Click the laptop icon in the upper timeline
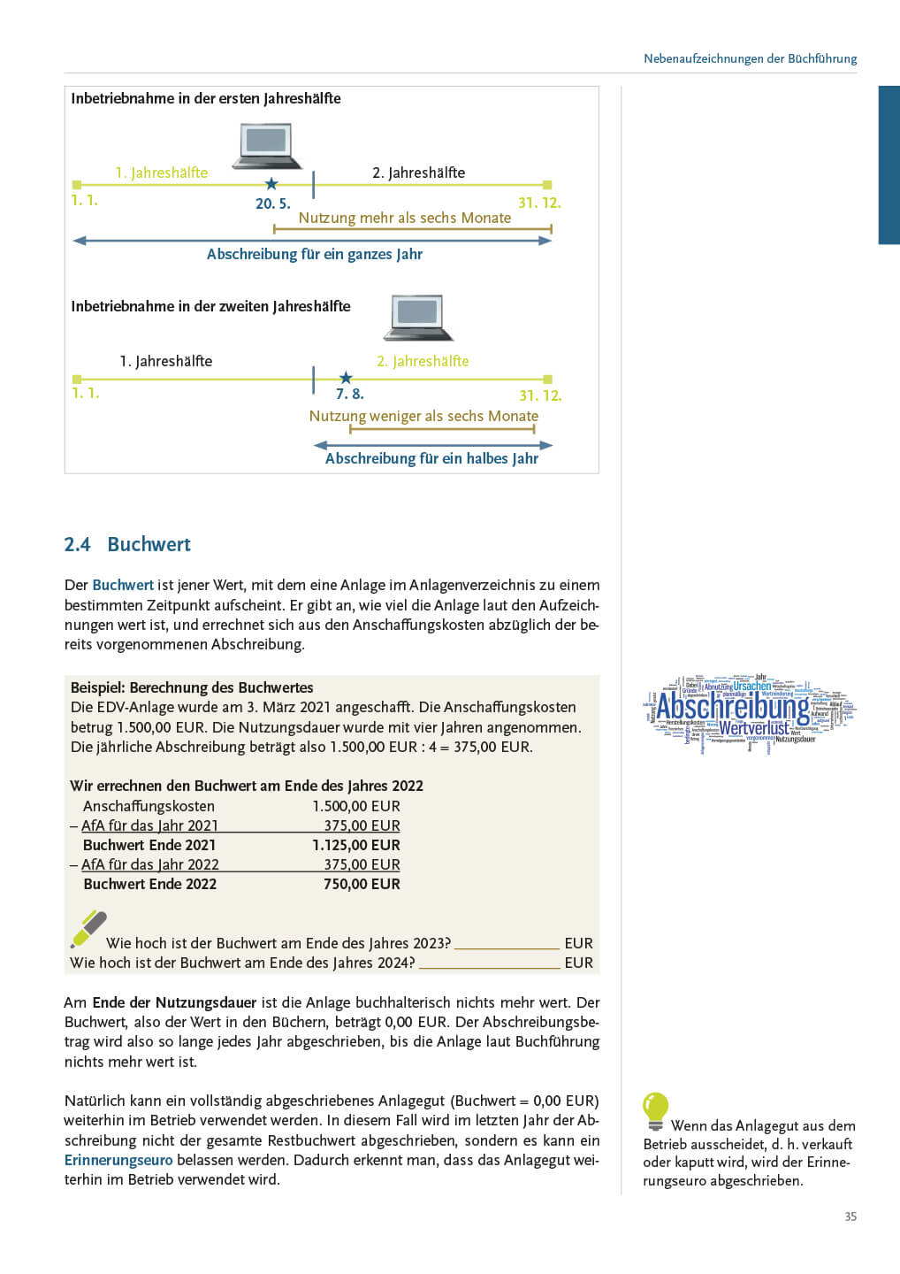(x=267, y=145)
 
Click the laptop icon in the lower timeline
(x=418, y=317)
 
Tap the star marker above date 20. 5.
(x=271, y=184)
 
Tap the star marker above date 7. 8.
(x=346, y=378)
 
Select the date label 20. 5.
(x=272, y=203)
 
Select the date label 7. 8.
(x=349, y=395)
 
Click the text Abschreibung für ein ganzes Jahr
(x=314, y=255)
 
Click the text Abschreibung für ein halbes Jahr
(x=431, y=458)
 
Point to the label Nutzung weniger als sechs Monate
(x=423, y=416)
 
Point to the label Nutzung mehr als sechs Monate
(x=404, y=218)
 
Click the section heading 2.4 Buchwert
(x=127, y=544)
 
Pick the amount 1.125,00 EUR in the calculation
(x=355, y=845)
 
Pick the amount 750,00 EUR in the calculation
(x=362, y=884)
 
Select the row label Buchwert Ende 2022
(x=149, y=884)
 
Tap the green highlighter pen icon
(x=88, y=930)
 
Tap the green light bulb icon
(x=655, y=1110)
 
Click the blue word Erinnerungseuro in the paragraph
(x=118, y=1160)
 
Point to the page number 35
(x=850, y=1216)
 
